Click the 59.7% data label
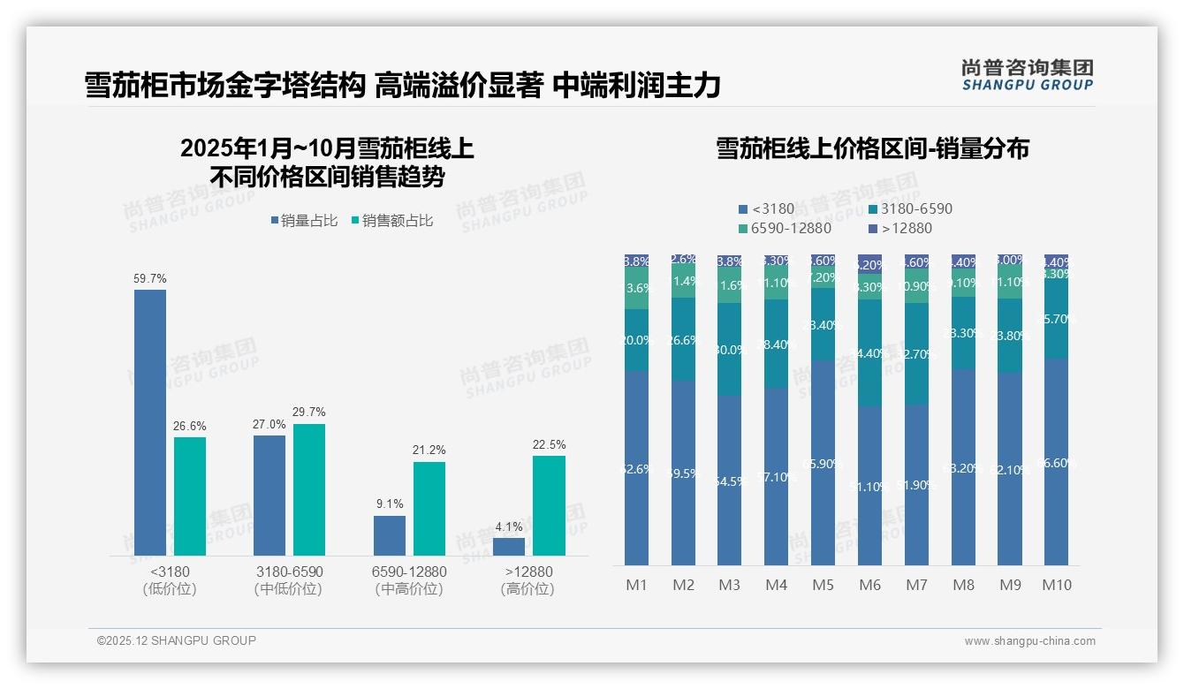(x=150, y=278)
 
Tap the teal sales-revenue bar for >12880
(x=549, y=505)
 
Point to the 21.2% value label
(x=429, y=450)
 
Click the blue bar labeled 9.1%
(x=390, y=535)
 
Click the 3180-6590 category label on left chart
(x=289, y=572)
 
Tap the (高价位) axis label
(x=527, y=589)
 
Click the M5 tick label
(x=823, y=585)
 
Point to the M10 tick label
(x=1057, y=585)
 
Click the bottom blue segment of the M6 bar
(x=870, y=486)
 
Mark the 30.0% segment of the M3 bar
(x=730, y=349)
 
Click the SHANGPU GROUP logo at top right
(x=1027, y=75)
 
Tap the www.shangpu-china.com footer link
(x=1029, y=641)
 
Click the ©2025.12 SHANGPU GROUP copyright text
(x=177, y=640)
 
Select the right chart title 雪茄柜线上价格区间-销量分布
(x=872, y=148)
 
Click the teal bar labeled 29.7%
(x=309, y=489)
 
